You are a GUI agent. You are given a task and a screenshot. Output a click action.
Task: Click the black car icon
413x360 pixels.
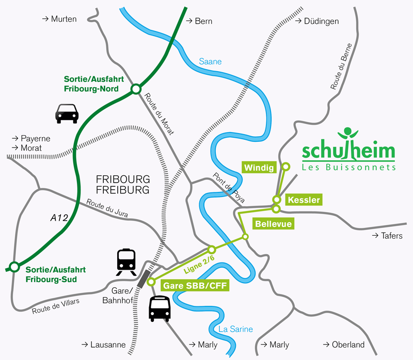67,113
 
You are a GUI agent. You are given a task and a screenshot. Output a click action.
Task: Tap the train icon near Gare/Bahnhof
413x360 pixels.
126,262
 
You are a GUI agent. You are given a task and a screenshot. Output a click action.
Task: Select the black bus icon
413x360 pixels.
160,309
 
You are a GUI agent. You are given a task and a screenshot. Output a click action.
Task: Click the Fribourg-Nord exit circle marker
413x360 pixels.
136,89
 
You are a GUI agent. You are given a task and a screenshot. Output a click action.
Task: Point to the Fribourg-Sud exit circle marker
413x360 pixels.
14,267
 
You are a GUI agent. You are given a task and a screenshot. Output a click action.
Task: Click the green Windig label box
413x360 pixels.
259,168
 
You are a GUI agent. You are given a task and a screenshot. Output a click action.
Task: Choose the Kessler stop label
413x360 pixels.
304,200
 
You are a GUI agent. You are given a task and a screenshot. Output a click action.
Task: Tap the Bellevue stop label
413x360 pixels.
274,224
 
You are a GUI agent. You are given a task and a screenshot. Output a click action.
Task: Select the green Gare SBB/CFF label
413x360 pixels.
195,286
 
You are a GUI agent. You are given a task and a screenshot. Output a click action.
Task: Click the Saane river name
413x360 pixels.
210,61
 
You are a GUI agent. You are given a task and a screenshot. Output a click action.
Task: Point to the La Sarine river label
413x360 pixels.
235,329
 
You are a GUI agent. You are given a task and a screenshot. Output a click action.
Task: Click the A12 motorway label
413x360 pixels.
59,218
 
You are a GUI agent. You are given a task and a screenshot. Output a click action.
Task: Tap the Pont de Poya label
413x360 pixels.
229,187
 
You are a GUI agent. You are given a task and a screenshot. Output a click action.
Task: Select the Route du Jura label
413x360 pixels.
107,208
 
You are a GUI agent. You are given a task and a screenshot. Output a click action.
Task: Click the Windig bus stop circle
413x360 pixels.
286,167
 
